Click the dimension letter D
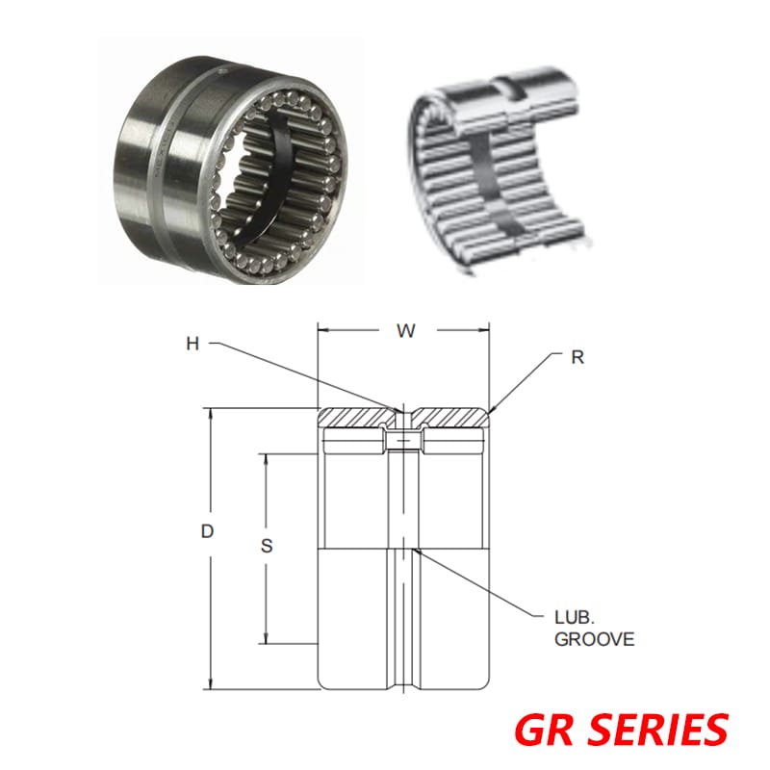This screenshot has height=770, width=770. [207, 531]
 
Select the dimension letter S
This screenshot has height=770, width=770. [268, 546]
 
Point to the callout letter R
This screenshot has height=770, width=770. [577, 357]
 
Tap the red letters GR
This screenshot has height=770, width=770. [545, 729]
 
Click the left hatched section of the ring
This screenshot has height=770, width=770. [358, 417]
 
